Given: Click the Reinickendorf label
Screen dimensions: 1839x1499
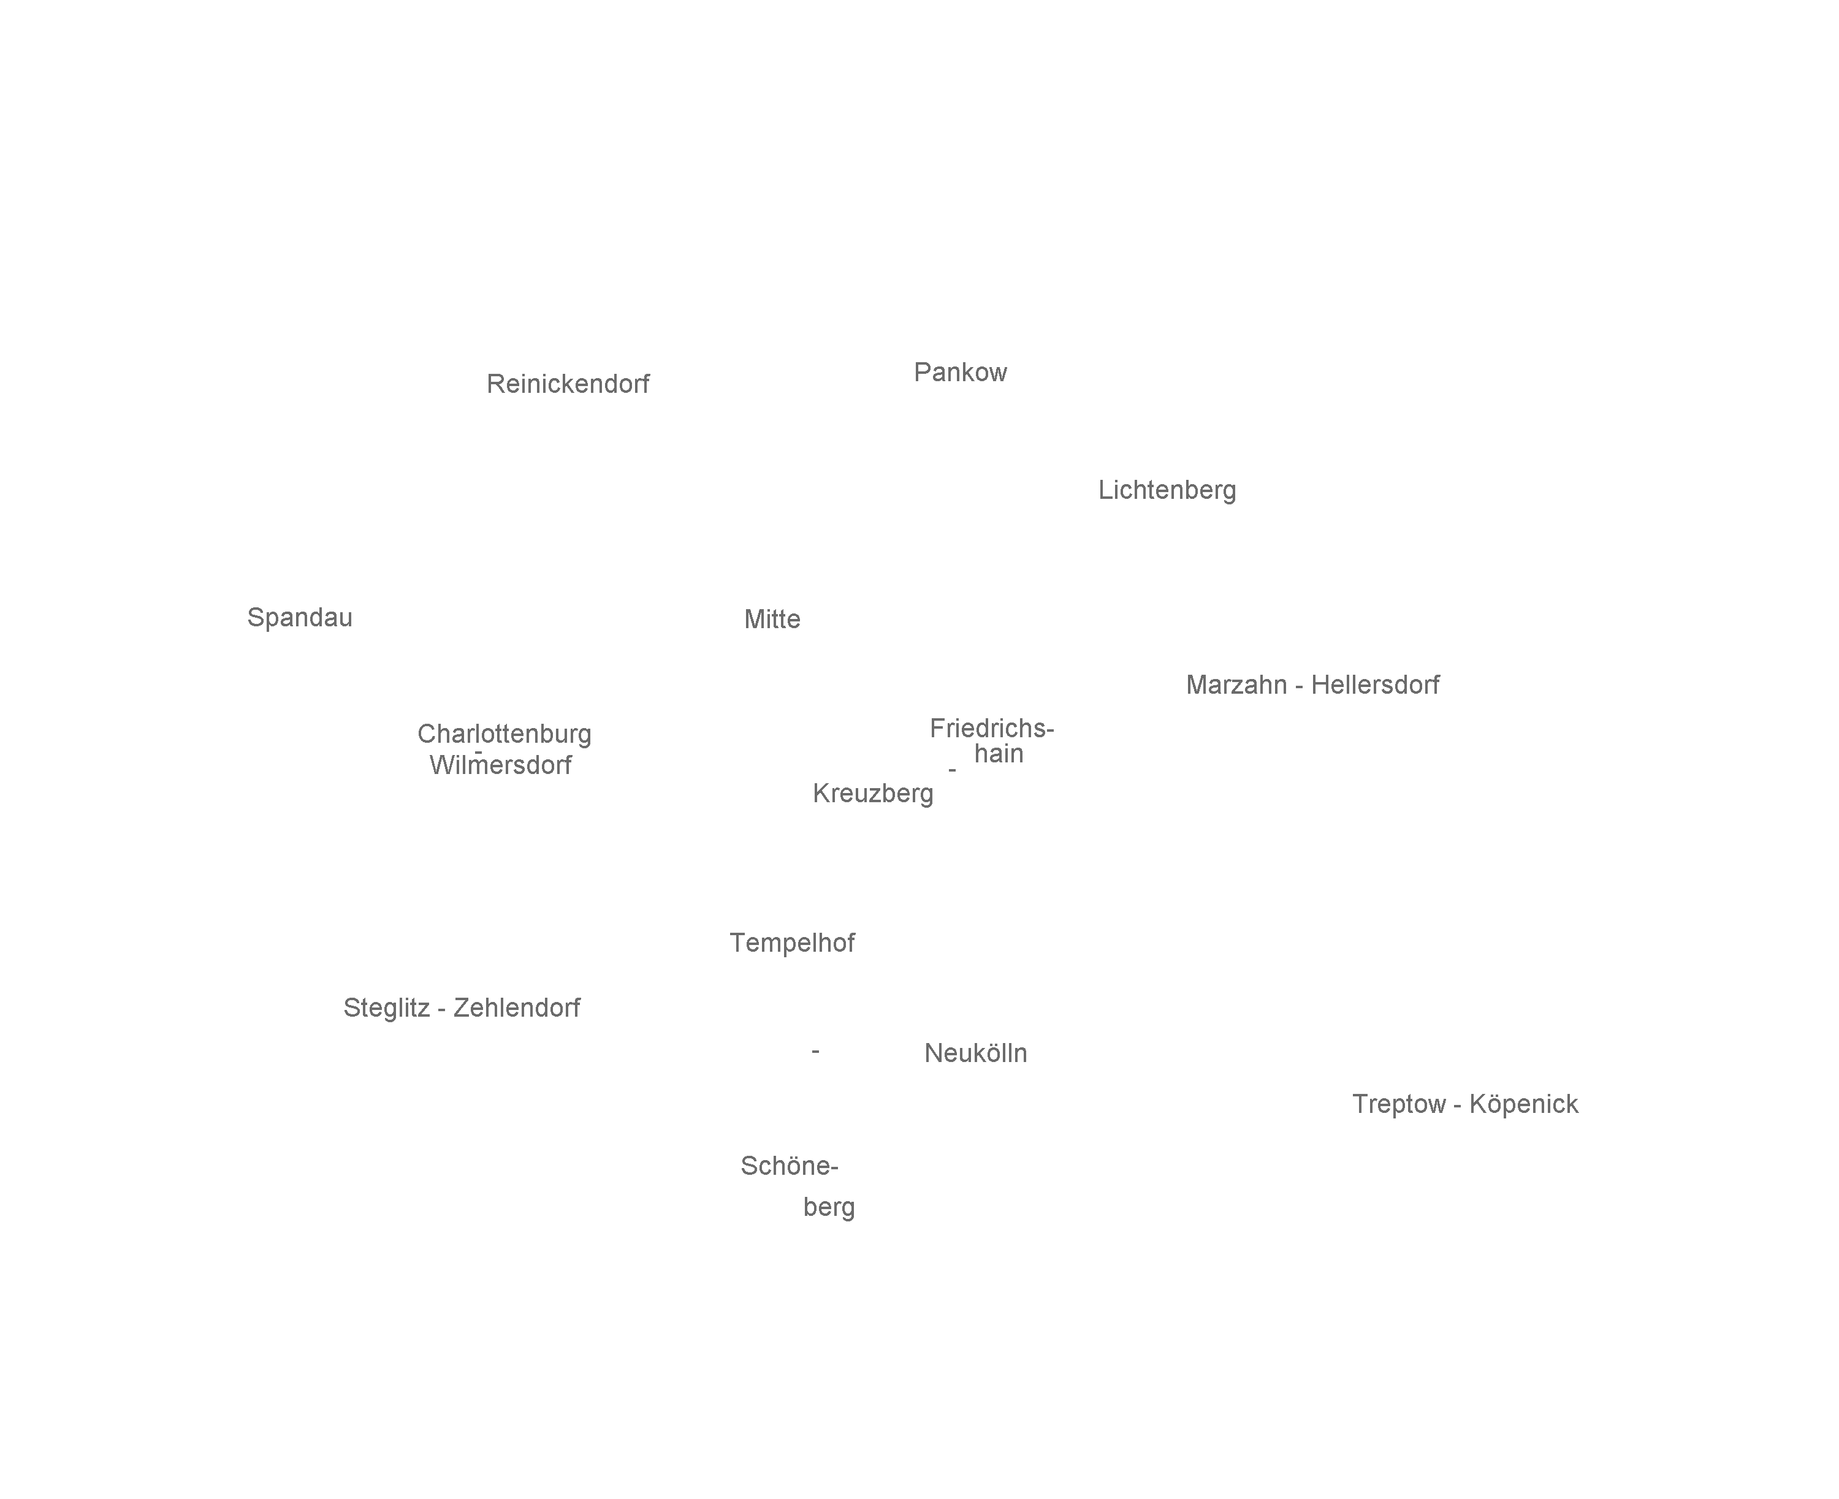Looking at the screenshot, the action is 568,384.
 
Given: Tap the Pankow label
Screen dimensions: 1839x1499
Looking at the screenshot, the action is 960,372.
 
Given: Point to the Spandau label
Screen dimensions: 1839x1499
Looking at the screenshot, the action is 300,617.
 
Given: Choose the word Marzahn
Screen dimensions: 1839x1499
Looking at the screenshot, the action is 1235,685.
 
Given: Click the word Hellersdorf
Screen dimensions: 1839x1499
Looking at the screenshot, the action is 1374,685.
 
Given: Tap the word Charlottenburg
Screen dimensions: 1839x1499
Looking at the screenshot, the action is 504,734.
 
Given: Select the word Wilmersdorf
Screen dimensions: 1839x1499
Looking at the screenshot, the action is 500,765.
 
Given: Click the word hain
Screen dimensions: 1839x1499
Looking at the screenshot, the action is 998,754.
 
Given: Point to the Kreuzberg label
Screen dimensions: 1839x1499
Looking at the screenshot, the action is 872,794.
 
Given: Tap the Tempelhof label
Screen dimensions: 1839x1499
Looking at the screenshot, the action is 791,943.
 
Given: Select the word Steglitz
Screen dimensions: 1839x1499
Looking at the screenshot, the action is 386,1008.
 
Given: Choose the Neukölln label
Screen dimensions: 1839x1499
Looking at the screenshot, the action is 975,1053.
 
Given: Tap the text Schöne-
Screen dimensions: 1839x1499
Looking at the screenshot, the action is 789,1167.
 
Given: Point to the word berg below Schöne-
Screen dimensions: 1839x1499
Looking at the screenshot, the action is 828,1207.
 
